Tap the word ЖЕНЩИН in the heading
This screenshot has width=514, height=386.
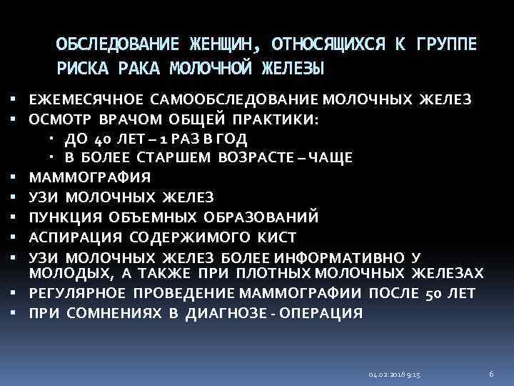click(219, 45)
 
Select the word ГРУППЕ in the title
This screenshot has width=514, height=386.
click(445, 45)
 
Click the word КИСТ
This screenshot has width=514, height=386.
click(278, 236)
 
